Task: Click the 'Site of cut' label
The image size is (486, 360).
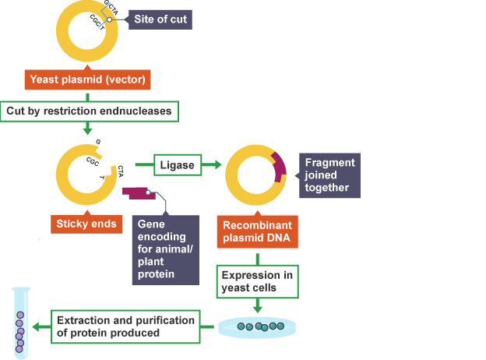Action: click(x=160, y=19)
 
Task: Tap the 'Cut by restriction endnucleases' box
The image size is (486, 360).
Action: click(x=89, y=111)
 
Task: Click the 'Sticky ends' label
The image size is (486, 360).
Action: click(x=86, y=224)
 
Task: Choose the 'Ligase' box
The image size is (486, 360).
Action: click(x=177, y=165)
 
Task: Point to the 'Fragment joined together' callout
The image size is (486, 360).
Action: click(x=330, y=175)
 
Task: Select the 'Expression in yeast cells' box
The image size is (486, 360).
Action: click(x=257, y=281)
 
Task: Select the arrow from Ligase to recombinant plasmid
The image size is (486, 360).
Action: click(x=213, y=165)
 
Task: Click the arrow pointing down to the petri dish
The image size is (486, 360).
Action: click(x=257, y=305)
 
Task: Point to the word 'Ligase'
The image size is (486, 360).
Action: click(x=177, y=165)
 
